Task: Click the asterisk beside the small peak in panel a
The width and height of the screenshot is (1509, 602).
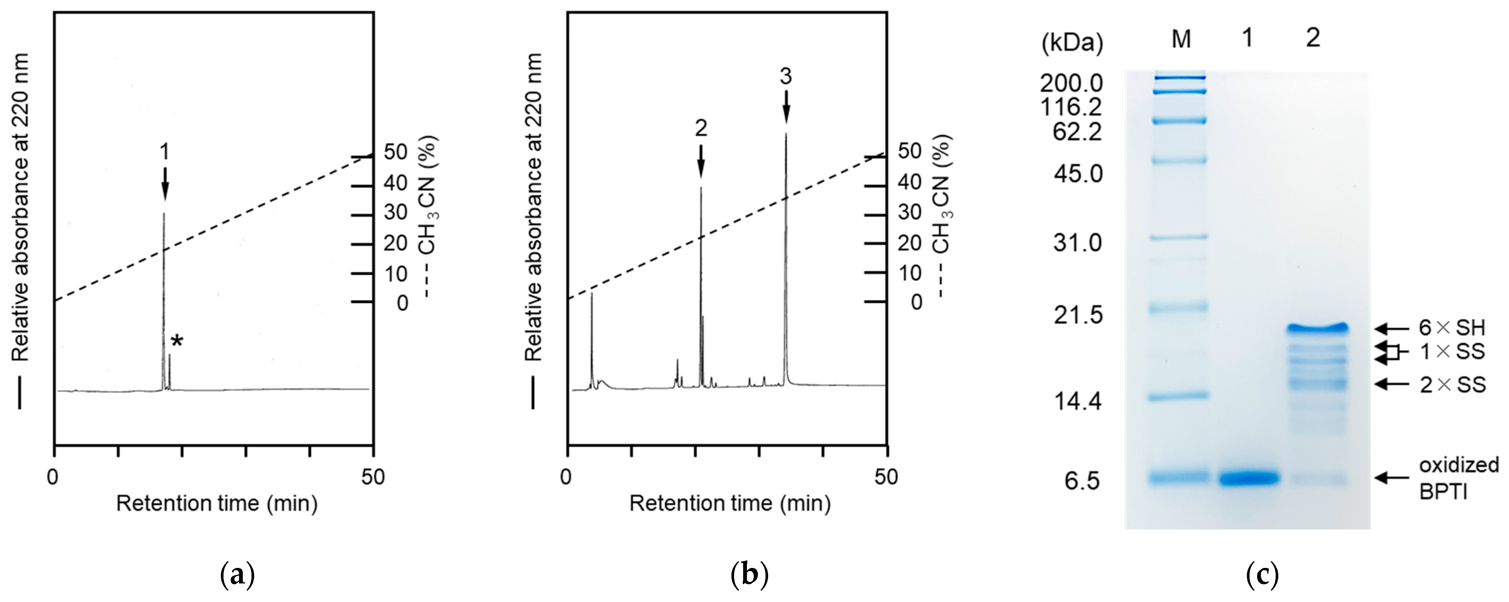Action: (176, 342)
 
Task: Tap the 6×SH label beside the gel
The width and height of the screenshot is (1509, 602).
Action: (1452, 328)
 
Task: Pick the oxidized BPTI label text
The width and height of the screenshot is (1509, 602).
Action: (1458, 478)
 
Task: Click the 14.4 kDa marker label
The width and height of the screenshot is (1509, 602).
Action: (1078, 401)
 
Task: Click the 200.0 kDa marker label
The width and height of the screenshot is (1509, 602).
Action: (1071, 84)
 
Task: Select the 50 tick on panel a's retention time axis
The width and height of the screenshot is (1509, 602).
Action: (373, 476)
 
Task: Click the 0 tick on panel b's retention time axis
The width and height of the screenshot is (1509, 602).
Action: (566, 476)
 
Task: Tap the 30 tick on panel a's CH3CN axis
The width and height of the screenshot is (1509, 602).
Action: (396, 213)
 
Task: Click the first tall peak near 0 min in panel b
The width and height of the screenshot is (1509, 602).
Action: (591, 340)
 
